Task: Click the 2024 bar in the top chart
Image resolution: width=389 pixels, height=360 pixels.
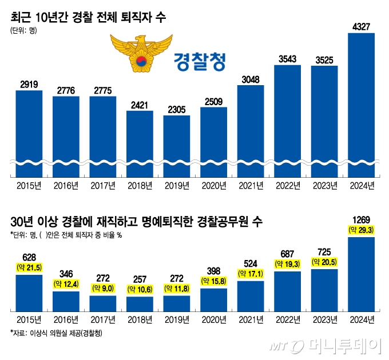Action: coord(361,103)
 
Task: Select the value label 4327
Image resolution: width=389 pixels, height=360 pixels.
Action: coord(361,26)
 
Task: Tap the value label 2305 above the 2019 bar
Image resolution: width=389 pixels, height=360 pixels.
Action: coord(177,109)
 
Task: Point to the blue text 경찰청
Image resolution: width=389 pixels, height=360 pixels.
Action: coord(199,59)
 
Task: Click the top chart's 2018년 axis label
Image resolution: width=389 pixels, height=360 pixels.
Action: coord(140,186)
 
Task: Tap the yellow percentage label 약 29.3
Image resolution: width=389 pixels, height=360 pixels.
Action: coord(361,229)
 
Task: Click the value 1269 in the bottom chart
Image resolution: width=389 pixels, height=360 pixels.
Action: coord(361,219)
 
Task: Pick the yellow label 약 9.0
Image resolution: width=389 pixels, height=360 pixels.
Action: coord(103,289)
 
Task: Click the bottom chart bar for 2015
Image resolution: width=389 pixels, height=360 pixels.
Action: coord(29,291)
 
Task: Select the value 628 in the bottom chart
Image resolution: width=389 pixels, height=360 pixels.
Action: coord(29,258)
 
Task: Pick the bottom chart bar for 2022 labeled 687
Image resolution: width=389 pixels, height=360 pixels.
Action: coord(287,291)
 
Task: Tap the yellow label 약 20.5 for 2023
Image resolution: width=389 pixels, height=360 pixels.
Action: coord(324,262)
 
